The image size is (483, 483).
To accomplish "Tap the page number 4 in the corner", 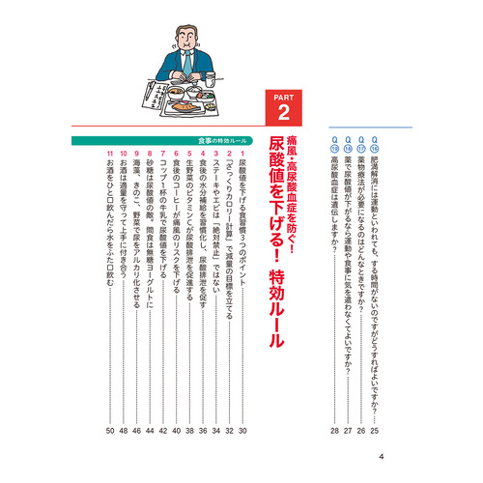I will (x=383, y=457).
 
